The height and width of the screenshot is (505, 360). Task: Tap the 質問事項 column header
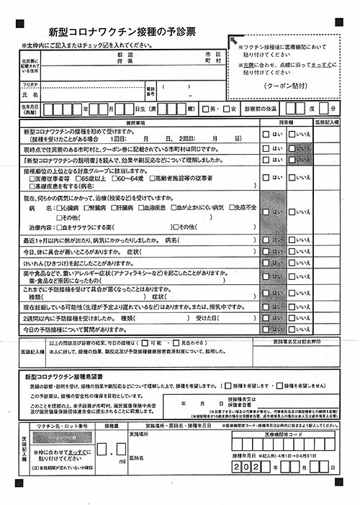pyautogui.click(x=137, y=123)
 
